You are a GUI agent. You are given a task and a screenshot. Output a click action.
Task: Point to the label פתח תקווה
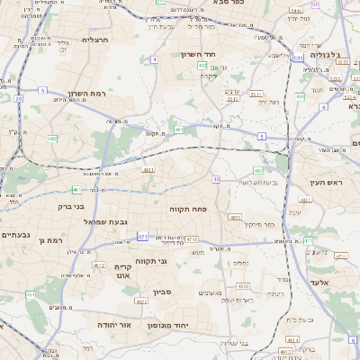coord(187,208)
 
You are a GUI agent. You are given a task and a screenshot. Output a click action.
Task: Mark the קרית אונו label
coord(123,272)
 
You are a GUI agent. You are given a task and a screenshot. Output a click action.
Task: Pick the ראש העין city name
coord(328,183)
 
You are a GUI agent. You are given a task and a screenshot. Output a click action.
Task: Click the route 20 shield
coord(19,98)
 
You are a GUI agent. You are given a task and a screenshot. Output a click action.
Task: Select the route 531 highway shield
coord(297,58)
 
